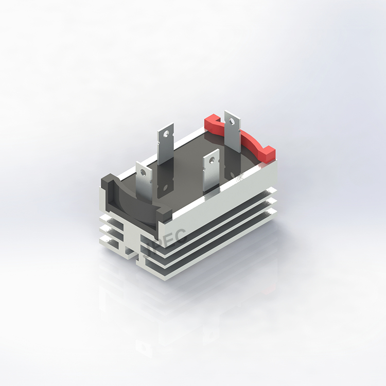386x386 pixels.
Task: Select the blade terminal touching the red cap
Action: (233, 134)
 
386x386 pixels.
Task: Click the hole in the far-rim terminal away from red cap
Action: (166, 133)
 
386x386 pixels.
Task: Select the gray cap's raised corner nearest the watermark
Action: (164, 213)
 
